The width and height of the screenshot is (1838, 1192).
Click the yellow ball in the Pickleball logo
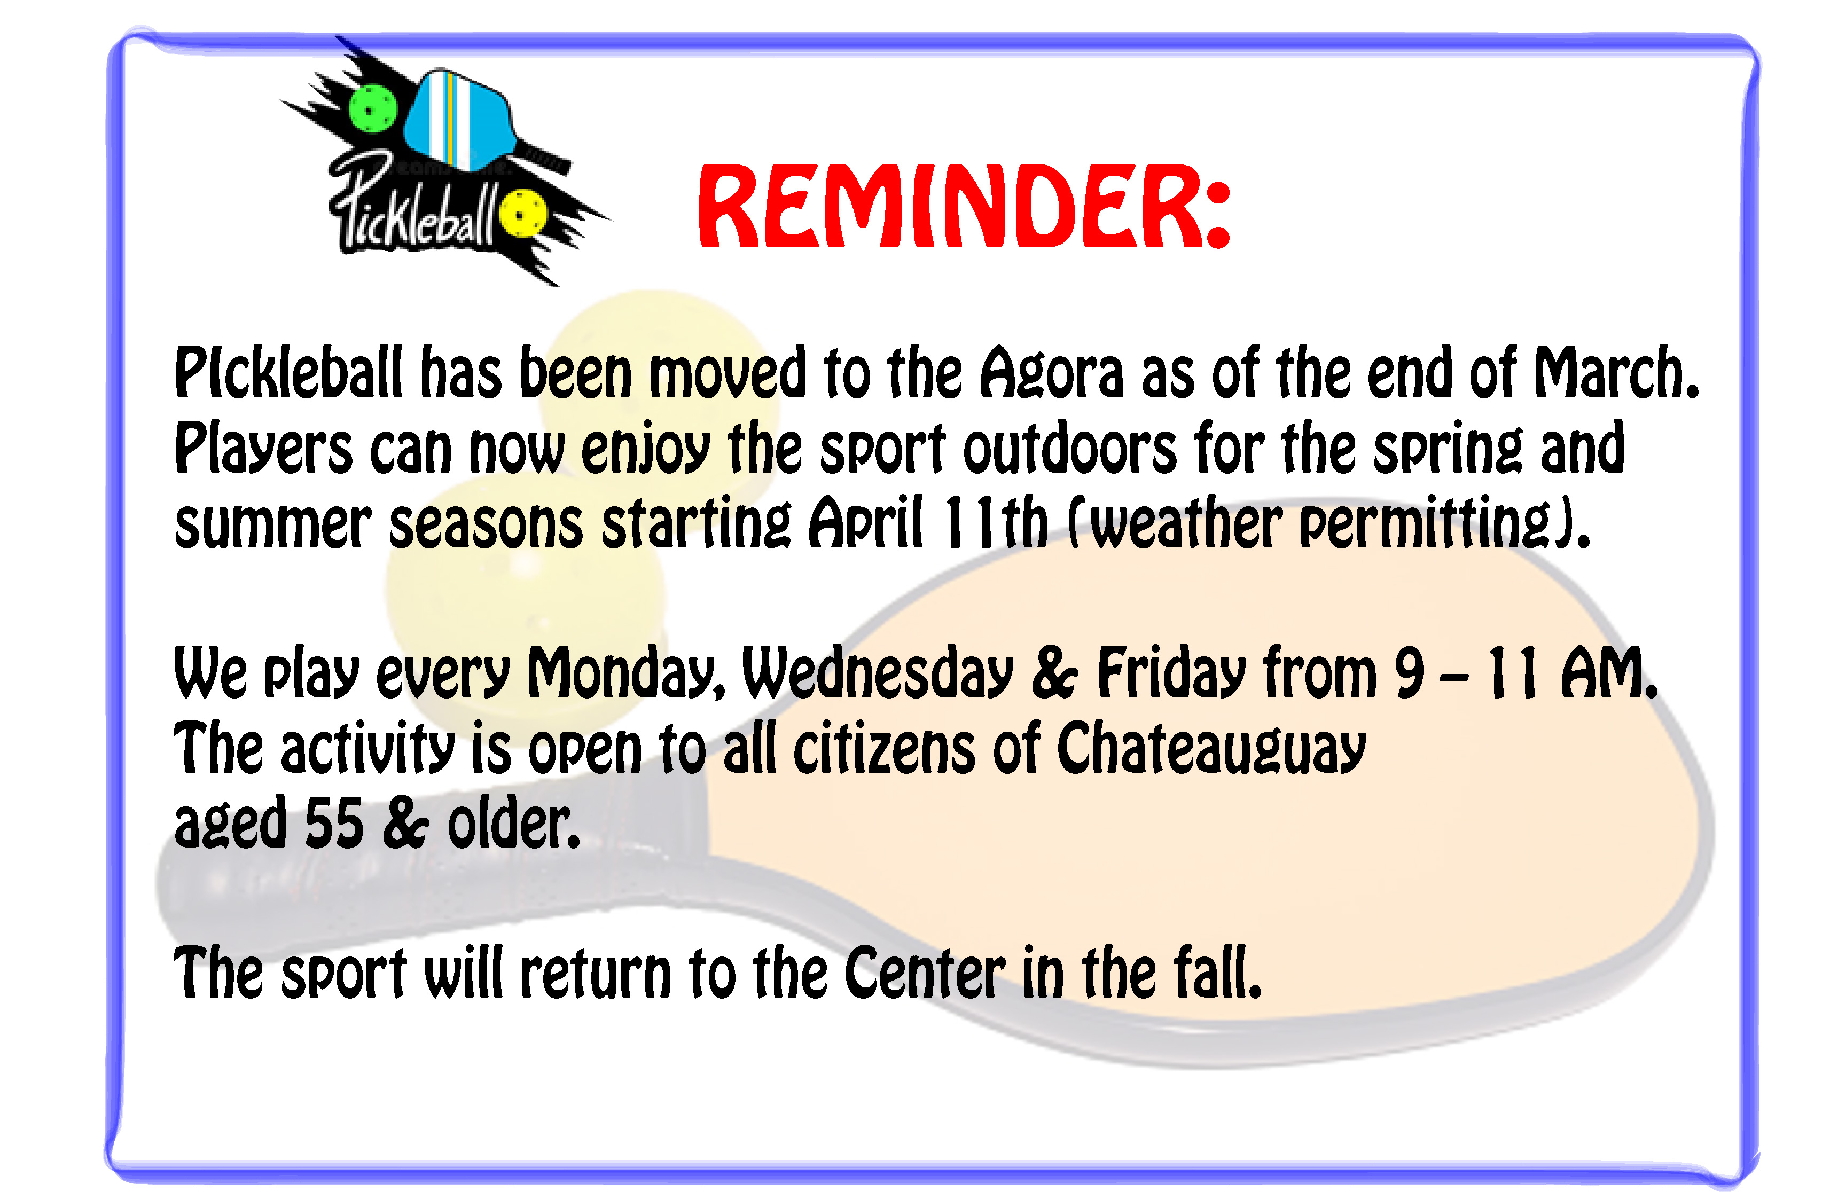click(x=523, y=213)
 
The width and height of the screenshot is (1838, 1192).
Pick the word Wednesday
click(x=877, y=674)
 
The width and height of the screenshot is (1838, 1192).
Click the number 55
click(x=334, y=822)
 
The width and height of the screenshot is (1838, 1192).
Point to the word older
click(x=513, y=822)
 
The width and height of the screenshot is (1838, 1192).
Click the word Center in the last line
click(x=925, y=973)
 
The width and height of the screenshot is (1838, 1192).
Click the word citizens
click(x=884, y=747)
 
